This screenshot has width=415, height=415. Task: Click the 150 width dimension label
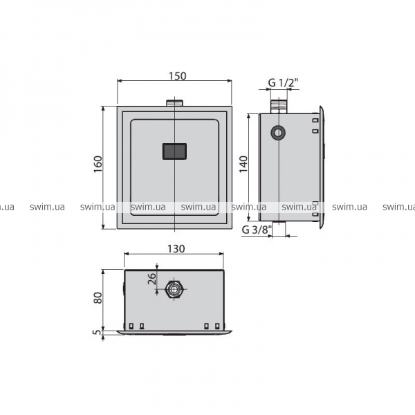(178, 76)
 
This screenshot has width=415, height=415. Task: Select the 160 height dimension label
(98, 164)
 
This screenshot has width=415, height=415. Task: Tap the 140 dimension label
(243, 164)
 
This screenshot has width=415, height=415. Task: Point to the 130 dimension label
(176, 249)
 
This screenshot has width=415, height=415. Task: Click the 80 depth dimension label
(98, 298)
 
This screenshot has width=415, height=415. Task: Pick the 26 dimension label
(152, 279)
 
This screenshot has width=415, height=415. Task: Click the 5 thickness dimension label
(98, 332)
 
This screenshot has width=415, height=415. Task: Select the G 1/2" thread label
(283, 83)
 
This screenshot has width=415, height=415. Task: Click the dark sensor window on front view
(174, 151)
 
